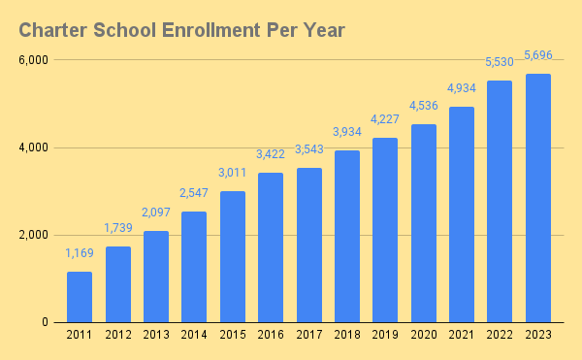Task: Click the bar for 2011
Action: point(80,297)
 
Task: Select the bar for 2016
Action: point(271,247)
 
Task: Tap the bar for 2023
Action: point(538,198)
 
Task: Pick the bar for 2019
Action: point(385,230)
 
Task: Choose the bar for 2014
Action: point(194,267)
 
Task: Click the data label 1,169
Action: point(80,253)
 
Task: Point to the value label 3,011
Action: point(233,173)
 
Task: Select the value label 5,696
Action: point(538,55)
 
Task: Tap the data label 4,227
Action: point(385,119)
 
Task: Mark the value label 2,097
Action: point(156,213)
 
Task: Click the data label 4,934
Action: point(462,88)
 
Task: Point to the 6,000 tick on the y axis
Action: point(33,60)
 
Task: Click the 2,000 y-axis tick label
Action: point(33,235)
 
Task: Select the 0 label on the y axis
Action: point(45,322)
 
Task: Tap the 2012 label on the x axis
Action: point(118,335)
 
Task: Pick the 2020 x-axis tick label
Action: point(424,335)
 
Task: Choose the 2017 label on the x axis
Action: point(309,335)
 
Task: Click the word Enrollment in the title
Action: point(211,30)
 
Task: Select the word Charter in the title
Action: point(53,30)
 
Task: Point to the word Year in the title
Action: point(324,30)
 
